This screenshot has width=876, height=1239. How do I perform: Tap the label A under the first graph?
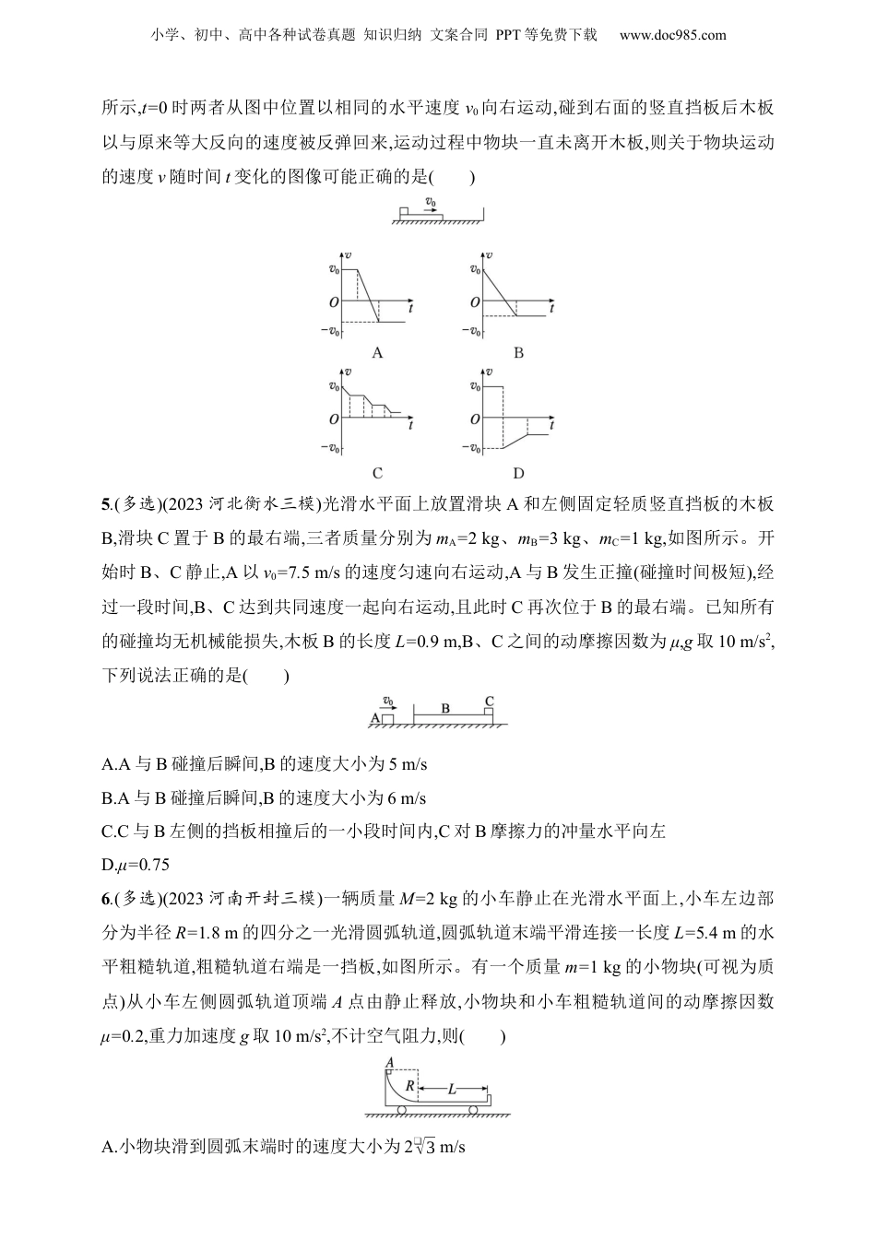click(x=377, y=352)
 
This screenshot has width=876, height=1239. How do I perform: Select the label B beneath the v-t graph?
click(x=518, y=352)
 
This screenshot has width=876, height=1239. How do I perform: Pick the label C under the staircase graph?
click(x=377, y=473)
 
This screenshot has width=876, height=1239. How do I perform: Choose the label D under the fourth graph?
click(x=518, y=473)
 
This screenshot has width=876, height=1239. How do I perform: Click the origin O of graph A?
click(x=333, y=301)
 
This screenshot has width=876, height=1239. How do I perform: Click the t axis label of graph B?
click(x=550, y=308)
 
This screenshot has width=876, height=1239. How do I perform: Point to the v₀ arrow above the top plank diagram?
click(x=430, y=203)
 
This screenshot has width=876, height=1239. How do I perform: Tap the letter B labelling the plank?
click(x=445, y=708)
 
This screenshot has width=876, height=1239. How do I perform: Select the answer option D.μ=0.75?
click(x=136, y=865)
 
